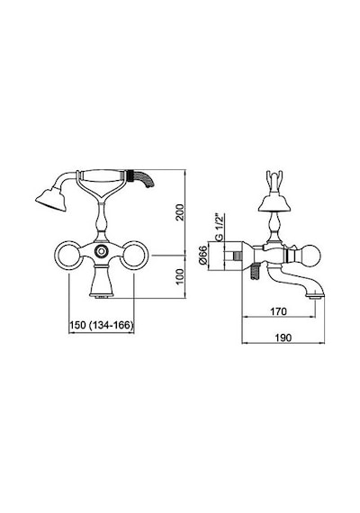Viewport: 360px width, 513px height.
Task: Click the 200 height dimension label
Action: [180, 212]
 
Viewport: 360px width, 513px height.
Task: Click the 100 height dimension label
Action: [180, 276]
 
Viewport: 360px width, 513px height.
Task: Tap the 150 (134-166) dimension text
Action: [102, 325]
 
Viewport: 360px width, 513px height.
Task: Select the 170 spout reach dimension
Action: [278, 311]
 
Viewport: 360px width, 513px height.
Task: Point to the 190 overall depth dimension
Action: [283, 337]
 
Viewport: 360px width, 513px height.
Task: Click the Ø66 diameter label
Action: [203, 256]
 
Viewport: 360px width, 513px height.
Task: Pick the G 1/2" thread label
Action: [220, 227]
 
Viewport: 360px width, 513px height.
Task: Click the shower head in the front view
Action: [51, 199]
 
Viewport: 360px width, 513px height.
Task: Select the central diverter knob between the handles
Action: [102, 251]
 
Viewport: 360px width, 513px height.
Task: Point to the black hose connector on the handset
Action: [130, 175]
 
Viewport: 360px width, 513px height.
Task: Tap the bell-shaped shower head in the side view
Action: [274, 202]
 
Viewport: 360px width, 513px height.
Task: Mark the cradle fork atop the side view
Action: [274, 182]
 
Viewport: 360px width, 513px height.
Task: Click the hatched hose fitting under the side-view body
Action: [255, 272]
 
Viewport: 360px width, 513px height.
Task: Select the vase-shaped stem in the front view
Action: [102, 221]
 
